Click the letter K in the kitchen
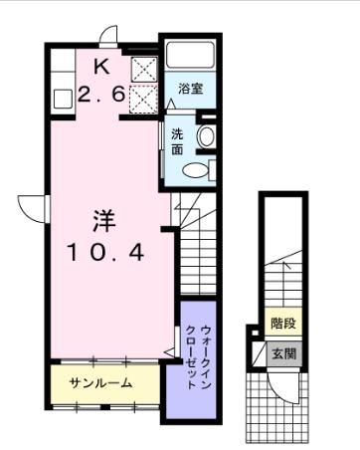102,67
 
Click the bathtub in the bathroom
191,57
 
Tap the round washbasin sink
207,136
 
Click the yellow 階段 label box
283,325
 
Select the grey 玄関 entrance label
283,352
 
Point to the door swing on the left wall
36,206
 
